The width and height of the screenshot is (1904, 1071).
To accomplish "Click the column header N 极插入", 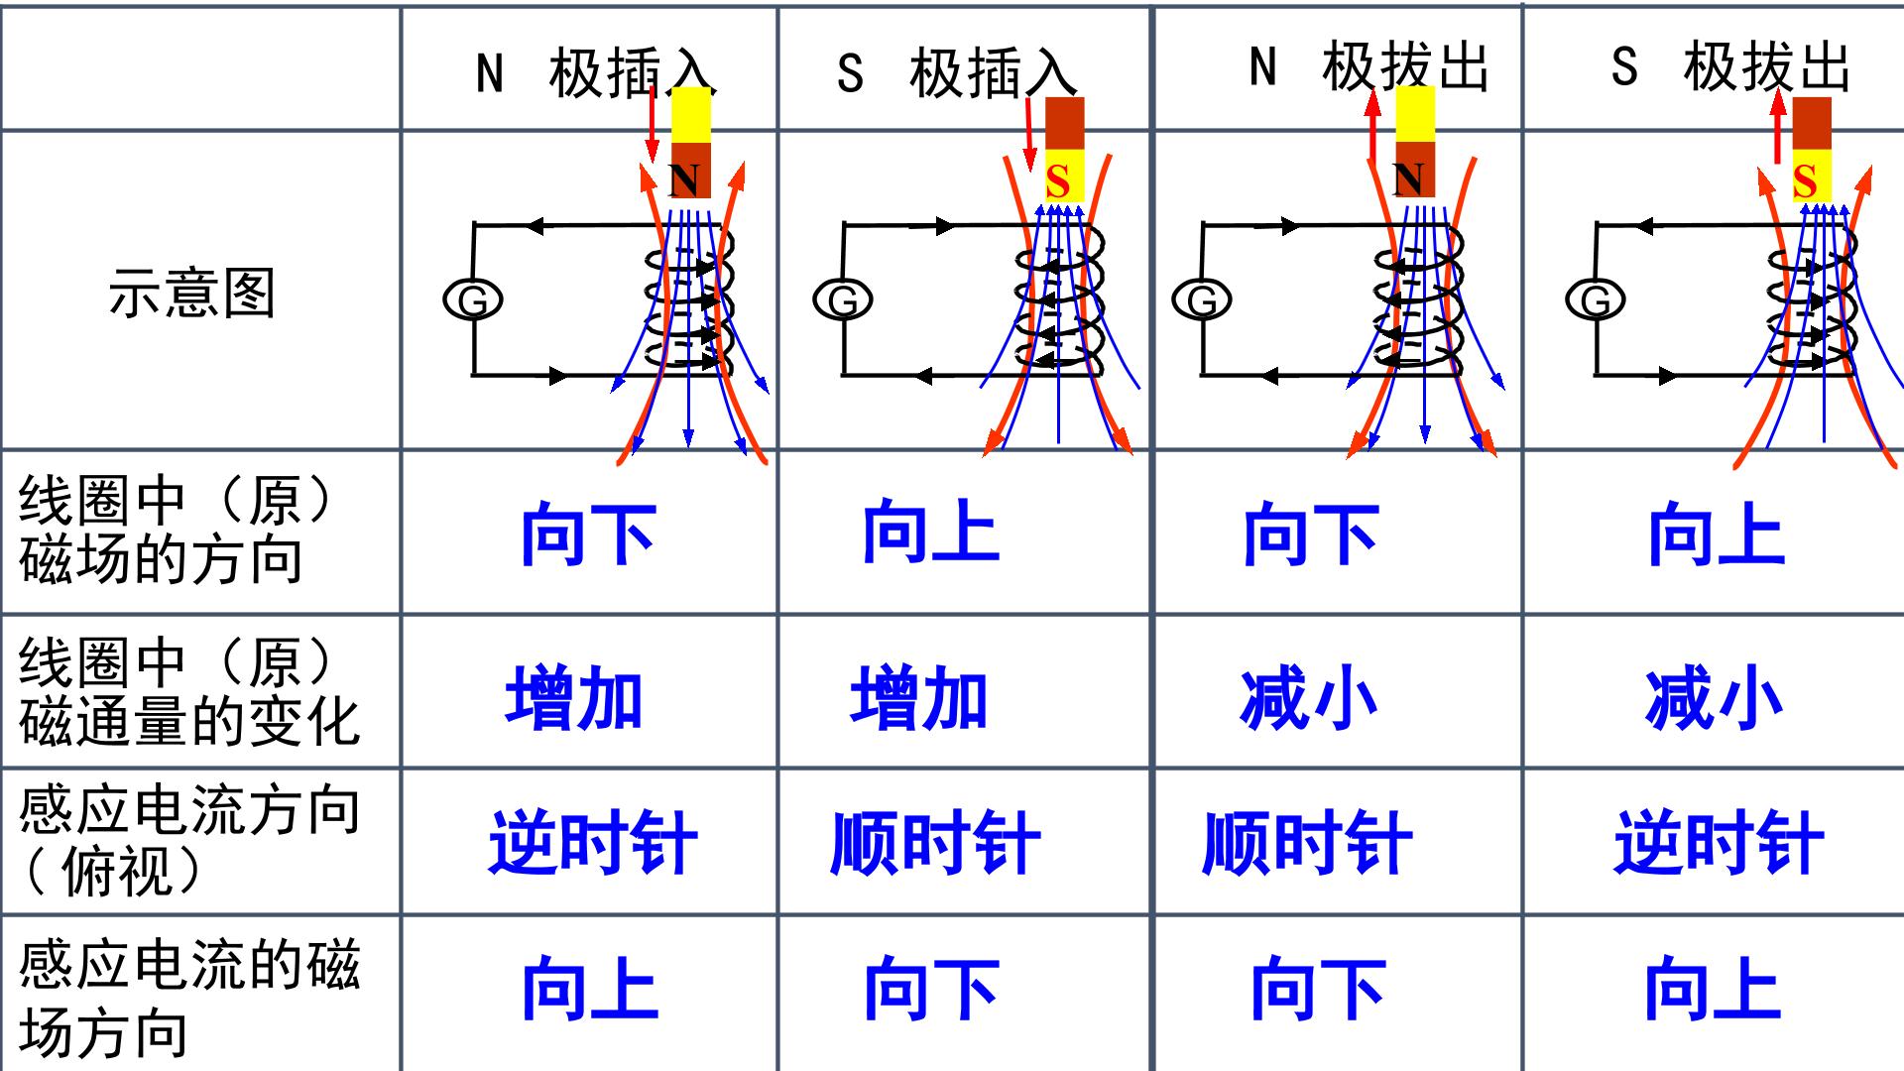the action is (x=595, y=72).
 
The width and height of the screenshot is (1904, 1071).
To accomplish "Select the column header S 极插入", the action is (x=956, y=72).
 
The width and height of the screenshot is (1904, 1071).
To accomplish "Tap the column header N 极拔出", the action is (x=1368, y=67).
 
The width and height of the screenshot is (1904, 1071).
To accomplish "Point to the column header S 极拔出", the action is (x=1730, y=67).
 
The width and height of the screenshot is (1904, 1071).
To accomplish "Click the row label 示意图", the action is (x=191, y=294).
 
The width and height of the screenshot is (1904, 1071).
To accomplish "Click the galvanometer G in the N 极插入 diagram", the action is (x=473, y=299).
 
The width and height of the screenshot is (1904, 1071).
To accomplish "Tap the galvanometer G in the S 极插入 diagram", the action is (x=843, y=299).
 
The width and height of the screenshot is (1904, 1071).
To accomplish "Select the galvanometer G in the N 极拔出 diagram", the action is (x=1202, y=299).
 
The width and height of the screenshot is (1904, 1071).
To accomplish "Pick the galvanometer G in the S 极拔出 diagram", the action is (x=1596, y=299).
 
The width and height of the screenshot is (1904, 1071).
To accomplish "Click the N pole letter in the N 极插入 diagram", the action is (x=684, y=179).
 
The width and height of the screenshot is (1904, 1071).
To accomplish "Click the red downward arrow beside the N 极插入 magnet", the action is (x=652, y=125).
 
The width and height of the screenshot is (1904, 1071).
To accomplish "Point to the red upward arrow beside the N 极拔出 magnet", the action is (x=1373, y=127).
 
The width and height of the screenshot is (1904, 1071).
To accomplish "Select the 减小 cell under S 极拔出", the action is (x=1714, y=698).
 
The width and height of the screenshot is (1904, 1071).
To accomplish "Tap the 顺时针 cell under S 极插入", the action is (x=935, y=843).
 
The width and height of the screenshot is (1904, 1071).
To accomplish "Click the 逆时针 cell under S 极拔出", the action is (x=1719, y=843).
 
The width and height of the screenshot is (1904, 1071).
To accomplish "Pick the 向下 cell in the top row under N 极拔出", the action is (x=1311, y=534).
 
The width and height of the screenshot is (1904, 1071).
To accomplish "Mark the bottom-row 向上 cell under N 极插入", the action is (x=590, y=988).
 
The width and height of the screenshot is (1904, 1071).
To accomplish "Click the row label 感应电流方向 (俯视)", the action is (x=188, y=841).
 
